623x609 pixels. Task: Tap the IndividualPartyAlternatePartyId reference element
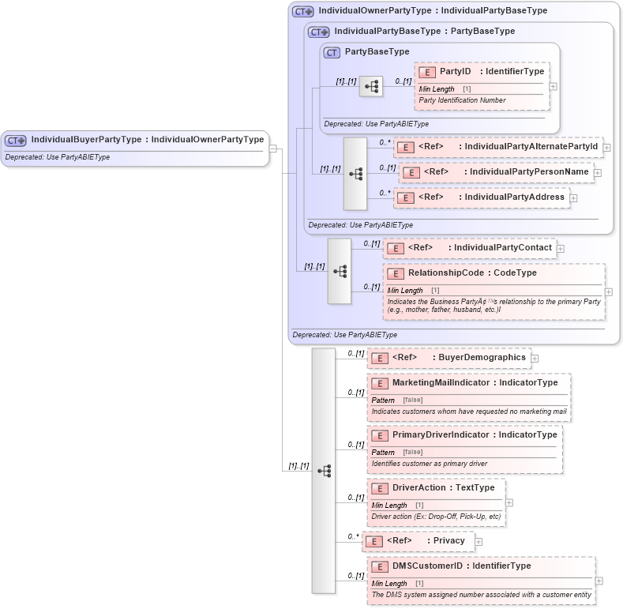coord(497,147)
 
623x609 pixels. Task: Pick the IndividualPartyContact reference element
coord(469,248)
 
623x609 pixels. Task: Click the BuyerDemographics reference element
coord(448,358)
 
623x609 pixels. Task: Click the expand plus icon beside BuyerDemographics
coord(535,359)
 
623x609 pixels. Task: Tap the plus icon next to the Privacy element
coord(479,542)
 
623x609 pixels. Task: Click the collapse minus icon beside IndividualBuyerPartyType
coord(272,148)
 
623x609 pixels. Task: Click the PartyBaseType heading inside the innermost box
coord(377,52)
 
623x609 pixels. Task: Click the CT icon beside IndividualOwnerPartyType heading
coord(302,12)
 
